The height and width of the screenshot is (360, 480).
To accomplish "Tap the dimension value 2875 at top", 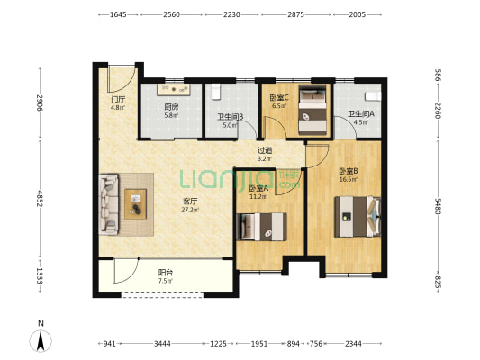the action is coord(295,14).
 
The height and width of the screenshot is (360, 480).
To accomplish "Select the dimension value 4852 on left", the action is coord(40,198).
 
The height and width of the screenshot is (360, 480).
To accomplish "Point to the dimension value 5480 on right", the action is coord(439,206).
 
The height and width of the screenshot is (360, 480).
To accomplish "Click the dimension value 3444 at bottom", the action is coord(162,344).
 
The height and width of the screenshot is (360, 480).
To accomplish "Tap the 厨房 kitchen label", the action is coord(171,107).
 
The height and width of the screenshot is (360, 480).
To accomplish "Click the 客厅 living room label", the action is coord(190,202).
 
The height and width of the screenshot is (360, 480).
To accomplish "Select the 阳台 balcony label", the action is coord(166,272).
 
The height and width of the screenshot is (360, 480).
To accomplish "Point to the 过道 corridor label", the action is coord(265,150).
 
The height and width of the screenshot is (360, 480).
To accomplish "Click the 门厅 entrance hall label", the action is coord(118,99).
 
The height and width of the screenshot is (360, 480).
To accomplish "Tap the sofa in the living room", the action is coord(109,204).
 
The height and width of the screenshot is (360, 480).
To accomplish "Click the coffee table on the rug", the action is coord(135,204).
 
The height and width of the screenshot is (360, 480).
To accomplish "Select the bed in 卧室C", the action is coord(312,110).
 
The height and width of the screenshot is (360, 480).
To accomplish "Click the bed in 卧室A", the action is coord(262,227).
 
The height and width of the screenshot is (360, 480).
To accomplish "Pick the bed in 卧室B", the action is coord(358,217).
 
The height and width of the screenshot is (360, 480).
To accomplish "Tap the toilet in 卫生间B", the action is coord(216,92).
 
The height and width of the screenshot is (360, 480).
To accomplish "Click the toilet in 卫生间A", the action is coord(373,96).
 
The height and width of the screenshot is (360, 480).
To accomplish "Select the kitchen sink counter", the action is coord(174,89).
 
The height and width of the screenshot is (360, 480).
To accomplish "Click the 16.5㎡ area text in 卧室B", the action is coord(349,179).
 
